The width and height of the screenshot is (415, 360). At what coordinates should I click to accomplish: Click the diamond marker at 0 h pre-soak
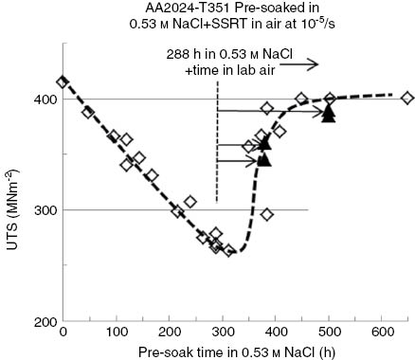(63, 82)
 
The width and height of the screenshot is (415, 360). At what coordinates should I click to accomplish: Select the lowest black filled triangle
(264, 159)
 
